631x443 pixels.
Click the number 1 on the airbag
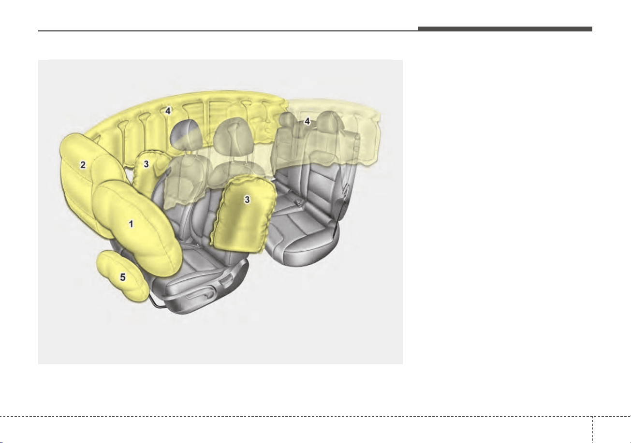(131, 224)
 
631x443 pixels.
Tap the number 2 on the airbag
(83, 165)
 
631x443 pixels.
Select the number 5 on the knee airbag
(123, 277)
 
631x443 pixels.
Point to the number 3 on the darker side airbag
(247, 200)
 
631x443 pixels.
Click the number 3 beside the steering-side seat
(146, 164)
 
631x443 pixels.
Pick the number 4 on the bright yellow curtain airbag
(168, 111)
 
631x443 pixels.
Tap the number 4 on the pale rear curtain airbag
(307, 121)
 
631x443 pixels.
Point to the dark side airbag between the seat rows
(244, 214)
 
